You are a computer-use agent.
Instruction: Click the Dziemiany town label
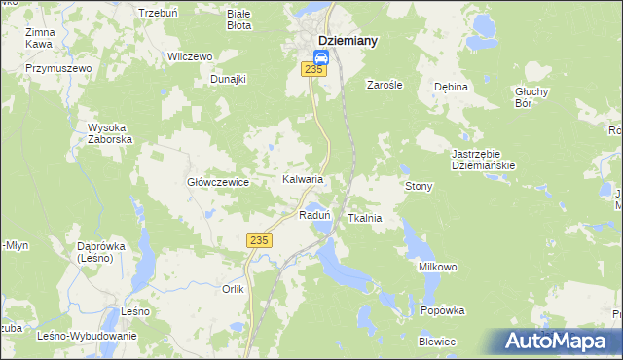[348, 41]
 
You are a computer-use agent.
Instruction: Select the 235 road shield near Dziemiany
[313, 69]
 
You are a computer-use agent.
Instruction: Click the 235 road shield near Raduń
[258, 240]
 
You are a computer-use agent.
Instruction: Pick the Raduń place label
[315, 215]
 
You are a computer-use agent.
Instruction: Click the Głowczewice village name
[219, 182]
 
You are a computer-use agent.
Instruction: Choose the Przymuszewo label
[58, 69]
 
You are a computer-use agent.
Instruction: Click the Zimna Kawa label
[40, 38]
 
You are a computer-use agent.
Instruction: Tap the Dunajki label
[229, 79]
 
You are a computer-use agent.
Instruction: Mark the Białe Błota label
[238, 19]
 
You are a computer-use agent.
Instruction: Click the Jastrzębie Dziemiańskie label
[483, 160]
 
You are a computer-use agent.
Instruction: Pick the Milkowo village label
[438, 267]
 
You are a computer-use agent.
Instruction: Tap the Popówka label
[443, 311]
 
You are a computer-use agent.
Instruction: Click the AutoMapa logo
[557, 341]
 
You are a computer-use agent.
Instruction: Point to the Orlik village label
[233, 289]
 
